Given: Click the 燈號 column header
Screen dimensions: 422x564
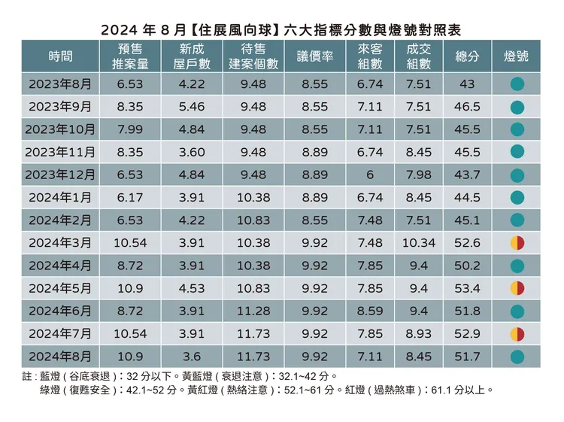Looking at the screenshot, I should (516, 56).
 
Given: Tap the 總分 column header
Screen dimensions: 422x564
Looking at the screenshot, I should (468, 56).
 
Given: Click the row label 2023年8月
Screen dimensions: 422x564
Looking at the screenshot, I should (60, 83).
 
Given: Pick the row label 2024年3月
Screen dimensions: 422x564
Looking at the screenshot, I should (60, 242).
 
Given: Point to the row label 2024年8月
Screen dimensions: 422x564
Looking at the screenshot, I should (60, 356).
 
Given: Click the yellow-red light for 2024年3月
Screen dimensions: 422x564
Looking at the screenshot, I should (517, 242).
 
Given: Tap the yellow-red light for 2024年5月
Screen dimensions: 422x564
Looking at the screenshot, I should (517, 288).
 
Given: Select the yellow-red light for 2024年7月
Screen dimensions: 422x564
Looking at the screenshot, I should (517, 333).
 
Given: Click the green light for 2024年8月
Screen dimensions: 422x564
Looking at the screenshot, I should (517, 356).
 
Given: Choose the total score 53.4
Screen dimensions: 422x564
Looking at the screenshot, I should (468, 288).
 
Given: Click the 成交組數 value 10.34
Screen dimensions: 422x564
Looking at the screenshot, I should (418, 242).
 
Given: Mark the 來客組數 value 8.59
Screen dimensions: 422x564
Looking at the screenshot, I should (369, 311).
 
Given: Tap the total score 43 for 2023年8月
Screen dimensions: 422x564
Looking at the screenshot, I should (468, 83).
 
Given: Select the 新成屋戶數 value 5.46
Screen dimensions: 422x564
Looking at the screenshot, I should (192, 106).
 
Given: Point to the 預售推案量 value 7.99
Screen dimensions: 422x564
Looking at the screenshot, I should (129, 129).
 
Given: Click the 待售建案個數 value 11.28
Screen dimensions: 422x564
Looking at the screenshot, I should (253, 311).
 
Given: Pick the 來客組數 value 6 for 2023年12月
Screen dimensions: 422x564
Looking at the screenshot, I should (369, 175).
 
